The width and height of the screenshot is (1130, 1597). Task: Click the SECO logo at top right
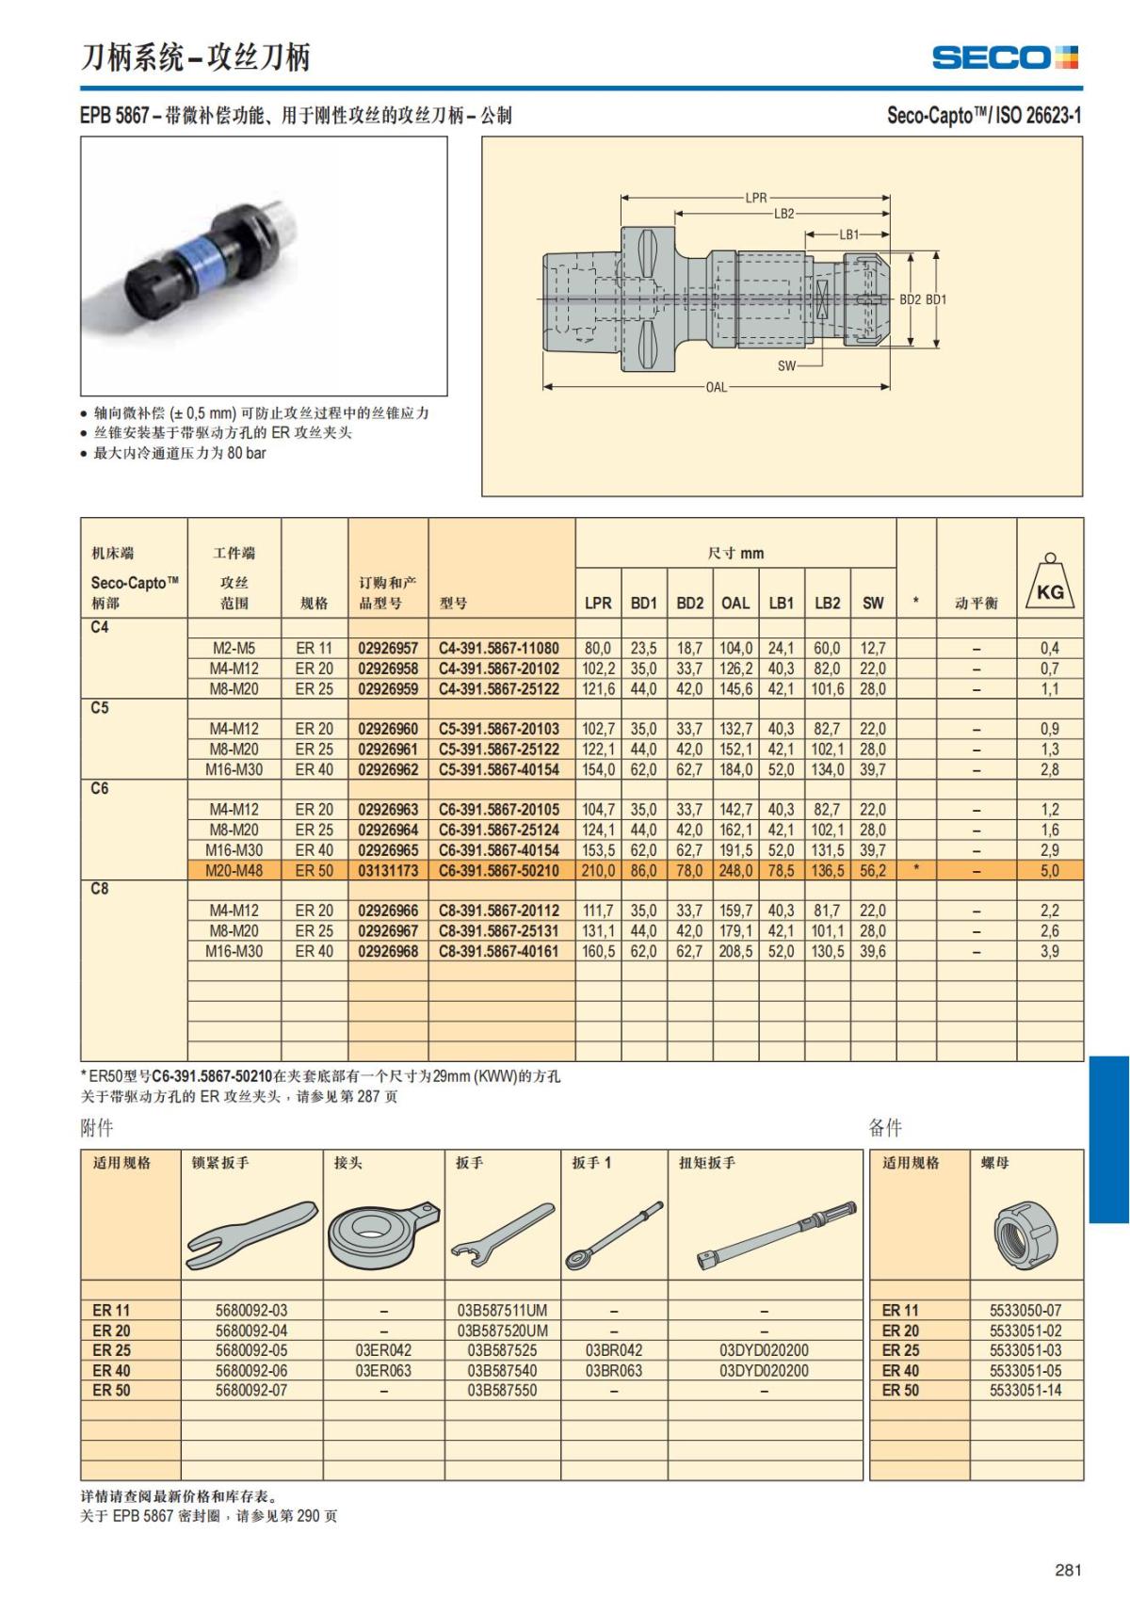point(1005,57)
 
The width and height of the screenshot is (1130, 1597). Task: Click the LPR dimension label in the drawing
point(756,198)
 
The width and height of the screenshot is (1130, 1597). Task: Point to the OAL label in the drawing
point(716,387)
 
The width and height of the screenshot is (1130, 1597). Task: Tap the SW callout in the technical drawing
point(786,365)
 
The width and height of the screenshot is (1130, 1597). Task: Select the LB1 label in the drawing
point(848,234)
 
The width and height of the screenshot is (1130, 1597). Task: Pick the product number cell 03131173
point(388,871)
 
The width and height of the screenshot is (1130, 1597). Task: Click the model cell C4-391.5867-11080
point(499,649)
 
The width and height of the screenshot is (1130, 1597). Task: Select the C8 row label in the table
point(100,889)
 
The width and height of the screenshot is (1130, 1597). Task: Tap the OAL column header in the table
point(735,603)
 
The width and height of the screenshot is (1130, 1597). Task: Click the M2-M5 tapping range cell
point(234,649)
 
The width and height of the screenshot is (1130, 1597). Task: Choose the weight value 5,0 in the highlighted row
point(1049,871)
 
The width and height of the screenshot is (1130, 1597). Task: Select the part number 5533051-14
point(1025,1390)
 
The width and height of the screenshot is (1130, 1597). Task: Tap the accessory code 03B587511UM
point(502,1310)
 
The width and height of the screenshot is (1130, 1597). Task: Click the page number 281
point(1068,1570)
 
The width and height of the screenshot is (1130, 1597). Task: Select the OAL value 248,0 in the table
point(735,871)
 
